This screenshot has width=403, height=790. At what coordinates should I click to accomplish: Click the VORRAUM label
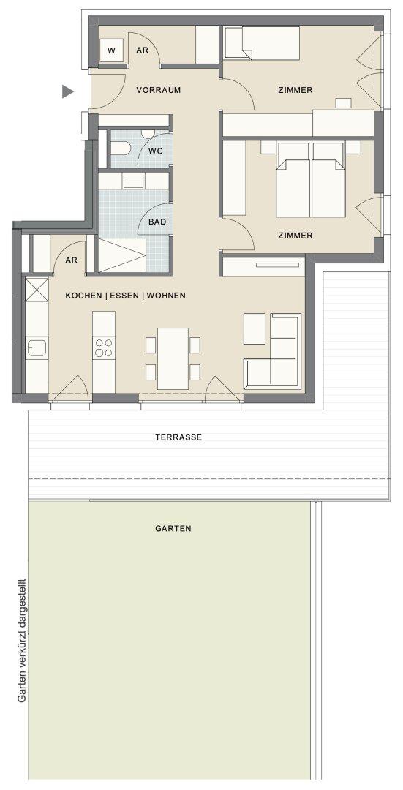[x=158, y=91]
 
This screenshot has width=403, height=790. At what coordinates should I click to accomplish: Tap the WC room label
[x=155, y=151]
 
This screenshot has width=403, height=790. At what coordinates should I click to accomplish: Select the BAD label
[x=157, y=222]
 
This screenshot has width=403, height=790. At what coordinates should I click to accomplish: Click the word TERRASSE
[x=178, y=437]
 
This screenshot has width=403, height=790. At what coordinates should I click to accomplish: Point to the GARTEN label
[x=173, y=529]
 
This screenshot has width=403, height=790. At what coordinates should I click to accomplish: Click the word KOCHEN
[x=83, y=296]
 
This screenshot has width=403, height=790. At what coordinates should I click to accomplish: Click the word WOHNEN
[x=166, y=296]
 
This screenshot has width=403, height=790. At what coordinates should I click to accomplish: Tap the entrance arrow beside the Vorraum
[x=67, y=91]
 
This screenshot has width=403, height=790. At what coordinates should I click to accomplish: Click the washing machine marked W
[x=111, y=51]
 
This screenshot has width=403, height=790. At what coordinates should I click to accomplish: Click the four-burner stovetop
[x=104, y=348]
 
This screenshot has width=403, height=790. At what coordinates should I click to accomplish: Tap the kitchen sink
[x=37, y=347]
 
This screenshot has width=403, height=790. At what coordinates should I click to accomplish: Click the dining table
[x=173, y=358]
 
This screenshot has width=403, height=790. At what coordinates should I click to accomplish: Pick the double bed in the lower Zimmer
[x=311, y=179]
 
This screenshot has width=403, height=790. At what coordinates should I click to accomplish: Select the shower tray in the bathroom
[x=121, y=256]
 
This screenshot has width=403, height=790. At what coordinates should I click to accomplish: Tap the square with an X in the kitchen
[x=37, y=289]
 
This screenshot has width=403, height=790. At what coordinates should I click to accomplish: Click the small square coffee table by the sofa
[x=255, y=328]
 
